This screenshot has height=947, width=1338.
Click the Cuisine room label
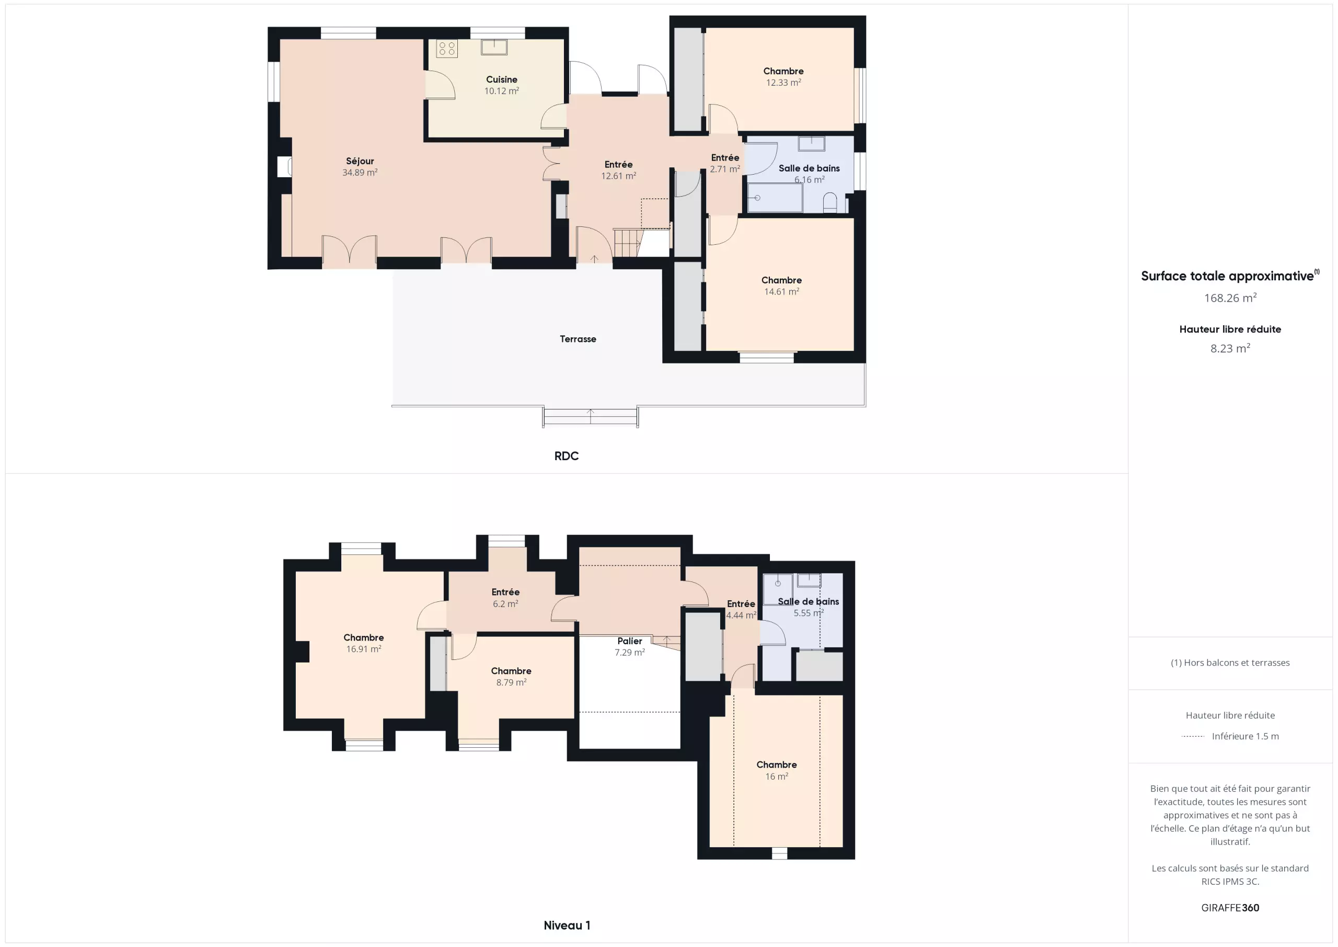pyautogui.click(x=501, y=79)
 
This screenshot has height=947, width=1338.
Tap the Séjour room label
pyautogui.click(x=360, y=161)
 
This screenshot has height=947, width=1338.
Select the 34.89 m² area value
pyautogui.click(x=360, y=173)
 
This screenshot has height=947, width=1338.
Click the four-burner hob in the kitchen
pyautogui.click(x=447, y=49)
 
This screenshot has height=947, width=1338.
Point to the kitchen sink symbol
pyautogui.click(x=493, y=47)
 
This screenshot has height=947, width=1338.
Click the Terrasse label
pyautogui.click(x=578, y=339)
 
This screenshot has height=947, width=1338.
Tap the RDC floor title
pyautogui.click(x=566, y=456)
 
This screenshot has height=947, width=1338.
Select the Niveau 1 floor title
pyautogui.click(x=567, y=926)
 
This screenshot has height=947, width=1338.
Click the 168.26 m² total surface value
pyautogui.click(x=1230, y=298)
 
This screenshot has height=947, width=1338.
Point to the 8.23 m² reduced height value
pyautogui.click(x=1230, y=348)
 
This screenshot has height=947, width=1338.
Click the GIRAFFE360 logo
pyautogui.click(x=1230, y=908)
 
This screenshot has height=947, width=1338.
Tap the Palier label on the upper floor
pyautogui.click(x=629, y=641)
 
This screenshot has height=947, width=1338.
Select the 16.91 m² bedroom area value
pyautogui.click(x=364, y=649)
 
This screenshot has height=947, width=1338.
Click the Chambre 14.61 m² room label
pyautogui.click(x=781, y=286)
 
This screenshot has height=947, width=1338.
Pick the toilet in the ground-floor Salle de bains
pyautogui.click(x=829, y=203)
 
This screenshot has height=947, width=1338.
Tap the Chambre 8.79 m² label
pyautogui.click(x=511, y=677)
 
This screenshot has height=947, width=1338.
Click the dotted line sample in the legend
pyautogui.click(x=1192, y=736)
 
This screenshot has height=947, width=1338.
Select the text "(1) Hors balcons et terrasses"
pyautogui.click(x=1230, y=663)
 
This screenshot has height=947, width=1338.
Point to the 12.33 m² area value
pyautogui.click(x=783, y=83)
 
